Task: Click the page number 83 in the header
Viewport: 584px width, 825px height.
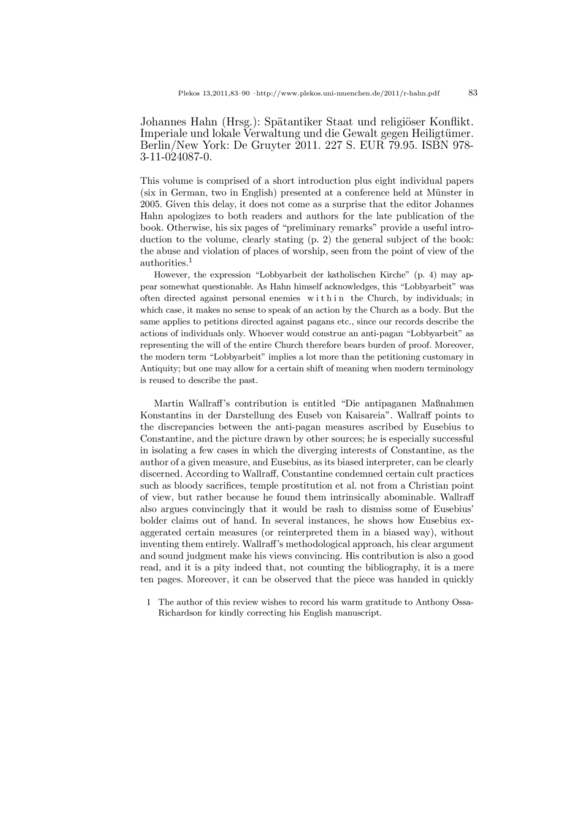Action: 472,93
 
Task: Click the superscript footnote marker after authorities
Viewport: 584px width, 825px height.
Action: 190,260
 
